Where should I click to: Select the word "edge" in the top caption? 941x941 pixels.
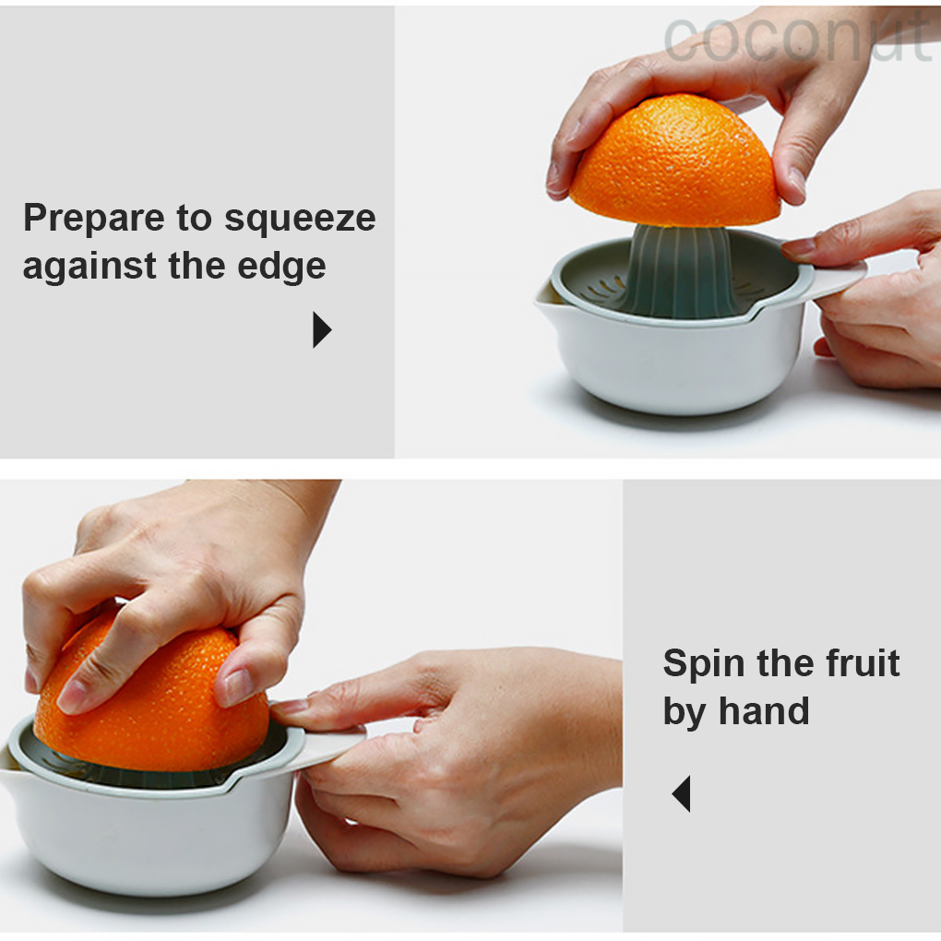pyautogui.click(x=281, y=266)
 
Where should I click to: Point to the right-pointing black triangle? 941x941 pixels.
pyautogui.click(x=321, y=329)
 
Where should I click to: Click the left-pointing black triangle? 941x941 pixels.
pyautogui.click(x=682, y=793)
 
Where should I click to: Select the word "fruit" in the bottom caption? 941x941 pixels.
pyautogui.click(x=863, y=663)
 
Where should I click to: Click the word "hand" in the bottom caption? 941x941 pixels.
pyautogui.click(x=764, y=711)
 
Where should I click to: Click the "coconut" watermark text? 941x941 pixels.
pyautogui.click(x=798, y=39)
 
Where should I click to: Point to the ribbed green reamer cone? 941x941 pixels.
pyautogui.click(x=680, y=270)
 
